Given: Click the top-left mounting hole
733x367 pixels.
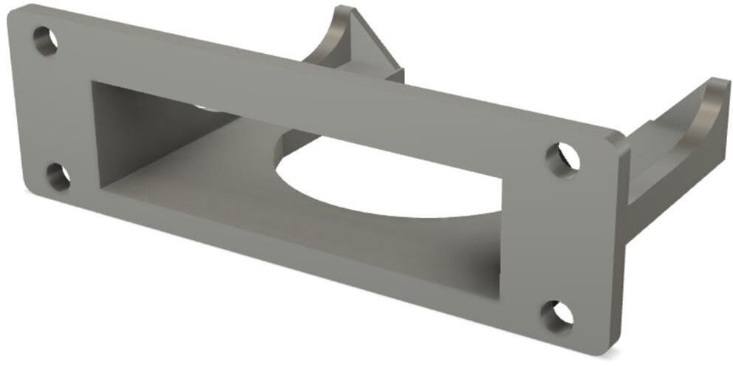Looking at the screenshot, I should click(45, 41).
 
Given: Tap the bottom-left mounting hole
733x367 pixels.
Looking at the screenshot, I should click(58, 176).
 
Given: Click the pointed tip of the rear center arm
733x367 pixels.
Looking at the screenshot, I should click(344, 10).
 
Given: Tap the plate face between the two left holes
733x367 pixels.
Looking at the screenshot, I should click(52, 111).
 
